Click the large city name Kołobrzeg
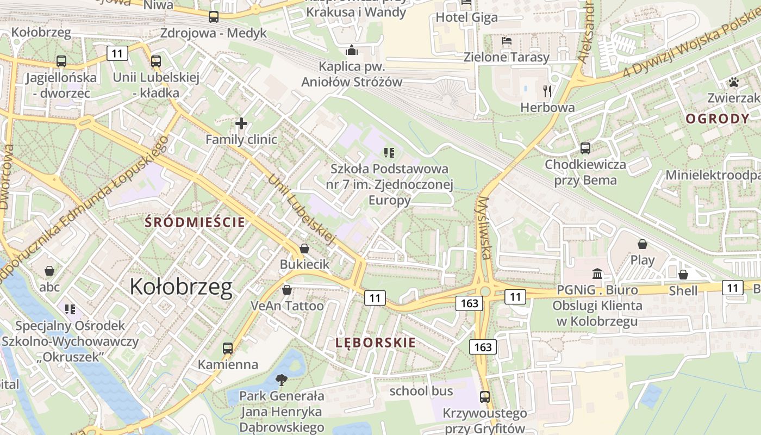[x=181, y=287]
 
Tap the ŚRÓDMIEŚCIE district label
[x=195, y=222]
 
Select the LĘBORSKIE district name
[x=376, y=343]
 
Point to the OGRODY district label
[x=718, y=119]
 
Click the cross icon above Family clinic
[x=241, y=123]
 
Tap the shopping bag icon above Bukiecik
[x=304, y=248]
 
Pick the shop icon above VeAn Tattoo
[x=287, y=290]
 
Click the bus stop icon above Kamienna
[x=228, y=348]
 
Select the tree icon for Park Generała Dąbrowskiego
[x=282, y=380]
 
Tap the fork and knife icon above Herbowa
[x=547, y=91]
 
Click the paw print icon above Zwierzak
[x=734, y=82]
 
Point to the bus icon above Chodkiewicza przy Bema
[x=585, y=148]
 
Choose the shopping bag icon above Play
[x=643, y=244]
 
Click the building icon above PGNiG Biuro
[x=597, y=273]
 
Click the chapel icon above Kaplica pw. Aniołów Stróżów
[x=352, y=51]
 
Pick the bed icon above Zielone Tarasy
[x=506, y=41]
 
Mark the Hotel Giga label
[x=466, y=17]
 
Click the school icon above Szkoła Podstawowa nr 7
[x=389, y=152]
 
